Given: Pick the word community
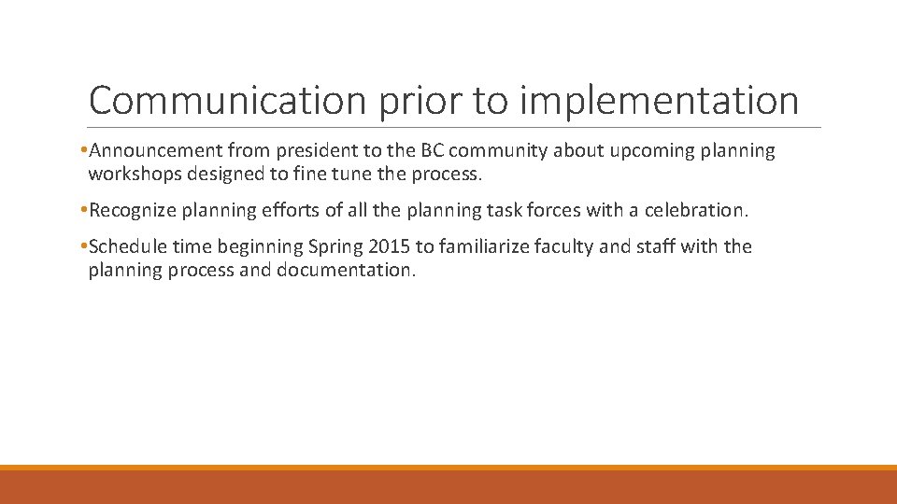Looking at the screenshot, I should (x=496, y=151).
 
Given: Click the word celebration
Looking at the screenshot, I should (x=698, y=211).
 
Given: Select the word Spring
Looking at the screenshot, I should (x=334, y=247).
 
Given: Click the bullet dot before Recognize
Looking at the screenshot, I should (x=84, y=211).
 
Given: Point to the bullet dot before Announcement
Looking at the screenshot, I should (x=84, y=151).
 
